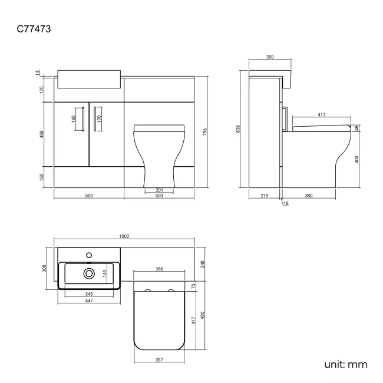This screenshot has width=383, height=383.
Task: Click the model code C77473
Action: click(x=34, y=29)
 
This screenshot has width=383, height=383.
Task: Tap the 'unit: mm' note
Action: click(x=346, y=364)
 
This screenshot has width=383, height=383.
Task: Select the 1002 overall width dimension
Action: click(x=124, y=236)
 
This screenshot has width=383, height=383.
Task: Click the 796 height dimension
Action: click(x=205, y=132)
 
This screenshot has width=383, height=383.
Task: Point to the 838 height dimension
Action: click(x=239, y=129)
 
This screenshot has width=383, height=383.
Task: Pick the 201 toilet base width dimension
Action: click(x=159, y=190)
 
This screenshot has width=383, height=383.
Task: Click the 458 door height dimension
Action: click(x=41, y=134)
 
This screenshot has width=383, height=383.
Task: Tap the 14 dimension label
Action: click(x=37, y=72)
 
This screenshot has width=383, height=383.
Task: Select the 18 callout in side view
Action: click(x=286, y=203)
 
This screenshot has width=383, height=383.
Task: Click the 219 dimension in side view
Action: click(x=265, y=196)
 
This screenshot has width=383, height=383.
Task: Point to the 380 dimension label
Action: click(x=309, y=196)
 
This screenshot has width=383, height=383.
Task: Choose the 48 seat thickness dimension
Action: click(x=357, y=128)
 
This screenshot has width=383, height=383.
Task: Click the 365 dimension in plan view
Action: click(x=159, y=269)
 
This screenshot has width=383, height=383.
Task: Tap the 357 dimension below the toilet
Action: click(x=159, y=360)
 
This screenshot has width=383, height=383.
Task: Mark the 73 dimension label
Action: click(x=193, y=286)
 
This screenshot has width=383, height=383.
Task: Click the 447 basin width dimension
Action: click(x=89, y=301)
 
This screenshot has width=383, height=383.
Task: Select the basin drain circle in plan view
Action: click(x=89, y=273)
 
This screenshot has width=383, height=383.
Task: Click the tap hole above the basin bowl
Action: click(x=89, y=255)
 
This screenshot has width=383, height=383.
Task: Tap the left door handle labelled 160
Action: click(x=83, y=119)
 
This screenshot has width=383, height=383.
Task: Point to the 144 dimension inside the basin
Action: click(x=104, y=273)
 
